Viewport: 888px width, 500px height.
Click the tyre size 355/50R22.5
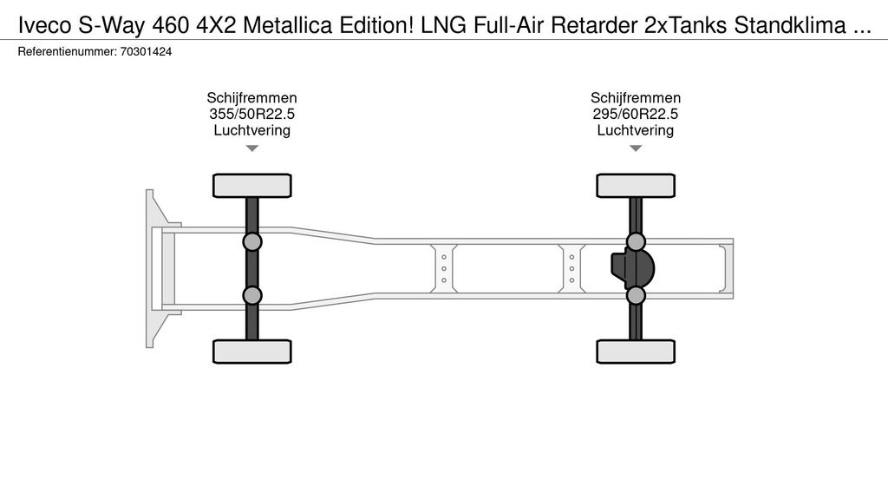click(x=252, y=114)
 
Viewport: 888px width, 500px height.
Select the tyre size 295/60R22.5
click(x=636, y=114)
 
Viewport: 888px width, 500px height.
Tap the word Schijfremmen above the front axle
click(x=252, y=97)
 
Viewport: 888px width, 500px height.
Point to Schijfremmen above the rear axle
click(x=636, y=97)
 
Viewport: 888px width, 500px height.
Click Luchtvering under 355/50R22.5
click(x=252, y=130)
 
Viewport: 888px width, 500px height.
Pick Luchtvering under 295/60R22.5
click(x=636, y=130)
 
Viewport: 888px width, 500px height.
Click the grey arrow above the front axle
click(x=252, y=148)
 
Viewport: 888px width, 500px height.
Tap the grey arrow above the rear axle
click(x=636, y=148)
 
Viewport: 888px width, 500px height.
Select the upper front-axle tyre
click(x=252, y=186)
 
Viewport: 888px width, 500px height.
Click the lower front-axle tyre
click(x=252, y=352)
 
